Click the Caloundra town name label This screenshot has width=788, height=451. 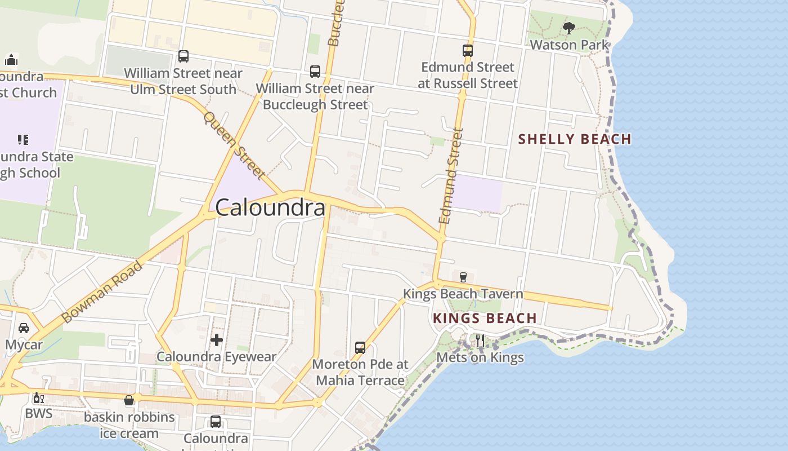(270, 207)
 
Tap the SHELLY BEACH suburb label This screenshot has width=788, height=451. (574, 139)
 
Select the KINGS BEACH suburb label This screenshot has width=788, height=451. (485, 318)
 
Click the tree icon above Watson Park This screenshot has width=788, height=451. (569, 28)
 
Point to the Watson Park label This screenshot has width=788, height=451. (569, 45)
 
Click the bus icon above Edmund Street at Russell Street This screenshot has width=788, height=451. (468, 51)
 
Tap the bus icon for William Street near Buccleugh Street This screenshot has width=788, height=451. (315, 72)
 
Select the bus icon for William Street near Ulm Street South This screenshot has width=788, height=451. (183, 56)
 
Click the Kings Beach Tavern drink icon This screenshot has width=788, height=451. (463, 277)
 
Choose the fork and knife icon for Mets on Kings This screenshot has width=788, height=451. (480, 340)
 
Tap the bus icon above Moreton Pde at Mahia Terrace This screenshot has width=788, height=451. (360, 347)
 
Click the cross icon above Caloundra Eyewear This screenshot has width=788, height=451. (217, 339)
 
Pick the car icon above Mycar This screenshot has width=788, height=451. (24, 328)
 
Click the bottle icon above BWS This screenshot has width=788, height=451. (38, 398)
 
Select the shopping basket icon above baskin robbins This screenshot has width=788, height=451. (129, 400)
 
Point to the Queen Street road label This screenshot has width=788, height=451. (234, 145)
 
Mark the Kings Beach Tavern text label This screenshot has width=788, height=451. (463, 294)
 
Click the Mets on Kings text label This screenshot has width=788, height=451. (480, 357)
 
